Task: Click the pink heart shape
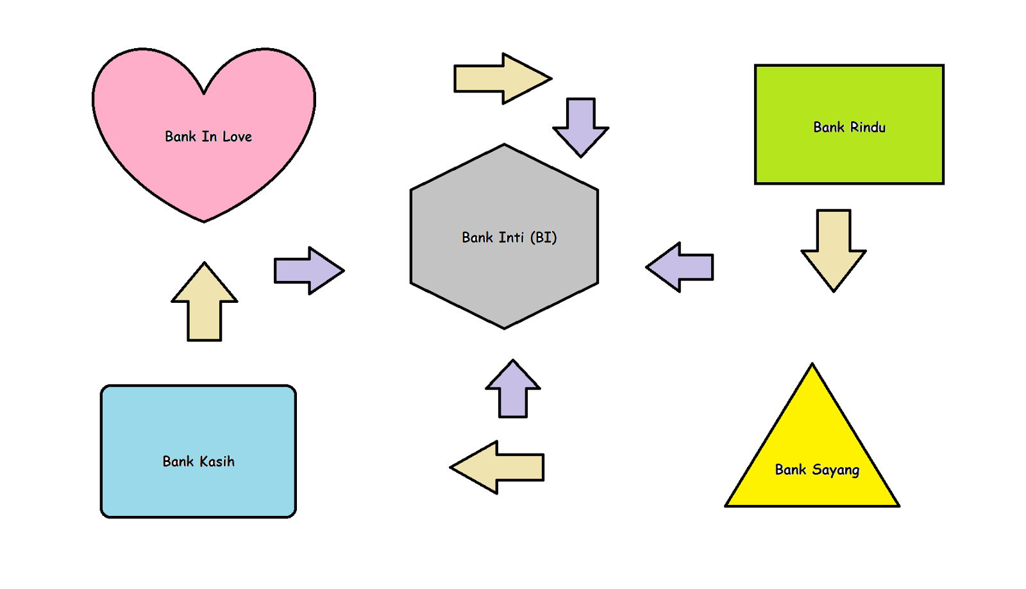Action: click(204, 167)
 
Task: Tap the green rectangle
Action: click(849, 154)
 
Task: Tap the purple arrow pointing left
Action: click(680, 268)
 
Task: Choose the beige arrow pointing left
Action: click(498, 467)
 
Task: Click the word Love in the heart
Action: click(237, 137)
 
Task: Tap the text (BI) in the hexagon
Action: click(543, 237)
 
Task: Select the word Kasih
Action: click(216, 461)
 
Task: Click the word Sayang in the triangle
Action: click(835, 470)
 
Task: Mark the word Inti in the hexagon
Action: click(511, 237)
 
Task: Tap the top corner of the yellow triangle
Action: click(812, 366)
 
